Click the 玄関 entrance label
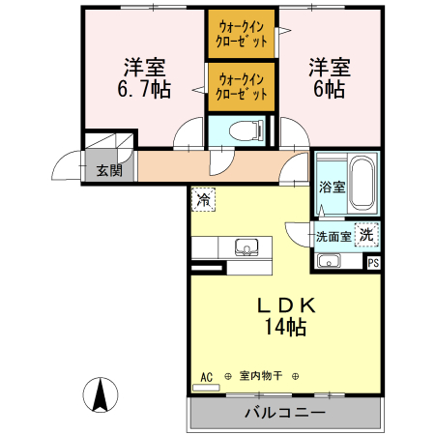tap(108, 171)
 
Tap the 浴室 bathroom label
tap(332, 187)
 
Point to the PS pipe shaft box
tap(373, 261)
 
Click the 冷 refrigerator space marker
tap(203, 199)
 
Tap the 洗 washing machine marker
tap(367, 234)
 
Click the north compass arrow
tap(100, 394)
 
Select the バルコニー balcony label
tap(283, 412)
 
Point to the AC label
tap(206, 376)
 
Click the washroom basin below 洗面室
tap(330, 260)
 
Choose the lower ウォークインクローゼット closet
tap(241, 86)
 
